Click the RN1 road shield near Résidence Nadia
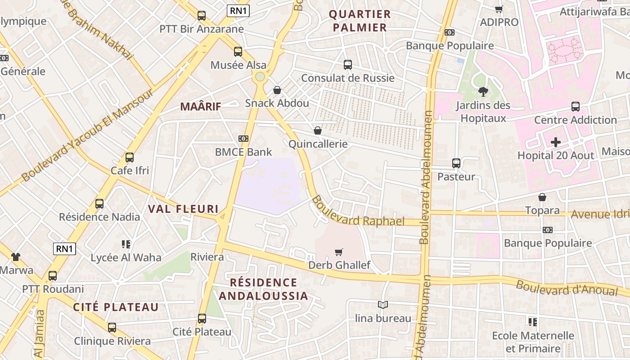point(64,248)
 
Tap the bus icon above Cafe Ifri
point(130,157)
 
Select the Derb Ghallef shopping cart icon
point(339,252)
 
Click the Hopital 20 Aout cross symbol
point(556,143)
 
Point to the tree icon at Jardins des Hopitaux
point(483,92)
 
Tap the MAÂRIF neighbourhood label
point(201,107)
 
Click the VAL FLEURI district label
point(183,209)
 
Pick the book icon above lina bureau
point(383,305)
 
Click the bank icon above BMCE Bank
point(243,139)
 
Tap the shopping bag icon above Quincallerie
point(318,130)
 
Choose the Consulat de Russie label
point(347,78)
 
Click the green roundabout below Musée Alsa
point(260,76)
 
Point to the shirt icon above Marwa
point(16,257)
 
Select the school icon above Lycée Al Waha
point(126,244)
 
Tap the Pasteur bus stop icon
point(456,163)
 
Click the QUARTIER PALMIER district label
point(360,21)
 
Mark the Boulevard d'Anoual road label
point(567,288)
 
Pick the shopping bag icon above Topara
point(542,197)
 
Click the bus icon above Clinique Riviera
point(112,328)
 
